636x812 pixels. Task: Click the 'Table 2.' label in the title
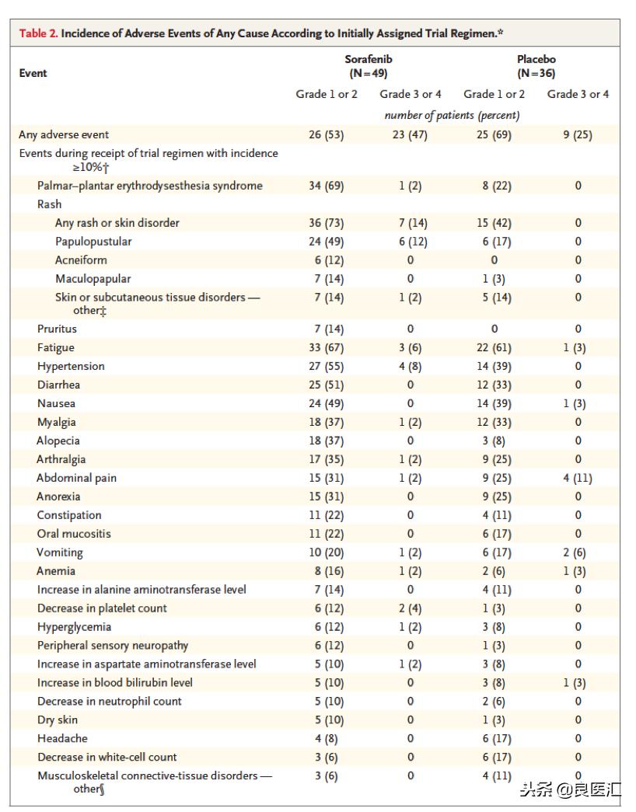(38, 33)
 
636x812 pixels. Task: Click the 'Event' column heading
(33, 73)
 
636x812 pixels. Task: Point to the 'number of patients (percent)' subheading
(452, 115)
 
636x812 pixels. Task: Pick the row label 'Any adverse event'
(64, 134)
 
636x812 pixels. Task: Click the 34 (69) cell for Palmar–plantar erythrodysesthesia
(326, 186)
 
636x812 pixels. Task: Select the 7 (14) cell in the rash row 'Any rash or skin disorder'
(411, 223)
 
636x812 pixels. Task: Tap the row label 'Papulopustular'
(93, 242)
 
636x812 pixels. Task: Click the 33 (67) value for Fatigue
(326, 347)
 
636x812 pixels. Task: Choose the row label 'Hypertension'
(71, 366)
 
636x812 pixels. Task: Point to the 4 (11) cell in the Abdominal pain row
(578, 478)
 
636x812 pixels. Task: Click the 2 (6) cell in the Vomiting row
(578, 552)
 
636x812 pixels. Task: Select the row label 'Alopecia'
(58, 441)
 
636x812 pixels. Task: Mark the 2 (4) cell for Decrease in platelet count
(411, 608)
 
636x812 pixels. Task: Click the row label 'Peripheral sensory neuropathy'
(113, 646)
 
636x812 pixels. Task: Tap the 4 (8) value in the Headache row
(326, 738)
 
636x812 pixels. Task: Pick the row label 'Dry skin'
(58, 720)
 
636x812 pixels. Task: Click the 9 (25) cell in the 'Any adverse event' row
(578, 134)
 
